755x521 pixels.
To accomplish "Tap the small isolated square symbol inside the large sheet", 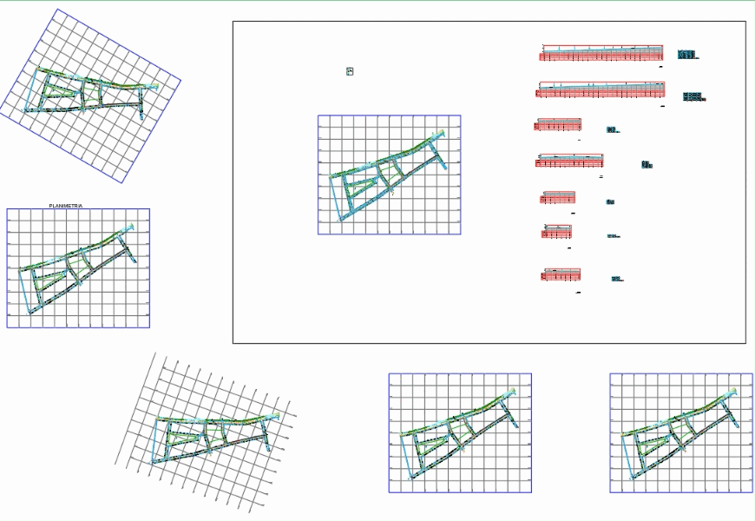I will pos(350,71).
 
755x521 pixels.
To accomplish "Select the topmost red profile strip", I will pos(601,54).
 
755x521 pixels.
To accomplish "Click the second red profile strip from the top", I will pos(601,89).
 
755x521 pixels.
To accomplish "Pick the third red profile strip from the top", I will pos(558,125).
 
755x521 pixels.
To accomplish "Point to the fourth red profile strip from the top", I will pos(570,160).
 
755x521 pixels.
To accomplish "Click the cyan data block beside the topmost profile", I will pos(686,55).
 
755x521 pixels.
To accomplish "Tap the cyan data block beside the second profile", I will pos(692,96).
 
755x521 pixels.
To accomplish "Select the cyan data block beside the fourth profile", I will pos(646,163).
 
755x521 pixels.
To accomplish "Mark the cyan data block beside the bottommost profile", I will pos(615,279).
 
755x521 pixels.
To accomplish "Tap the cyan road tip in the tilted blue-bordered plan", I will pos(154,86).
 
